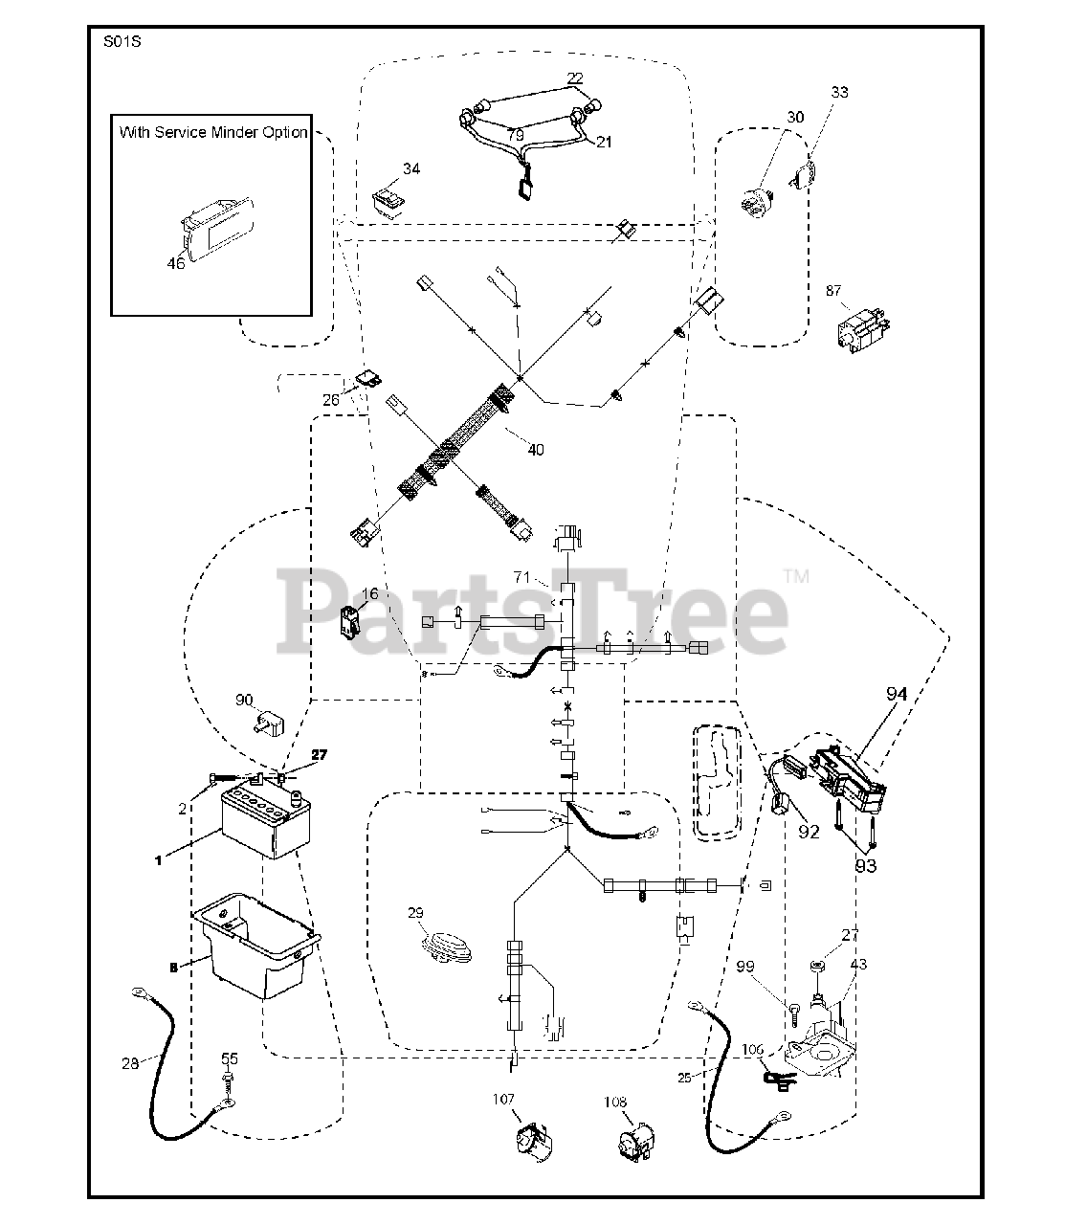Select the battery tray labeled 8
pyautogui.click(x=256, y=943)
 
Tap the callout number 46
pyautogui.click(x=176, y=264)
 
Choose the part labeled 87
pyautogui.click(x=863, y=332)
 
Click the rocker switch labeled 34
pyautogui.click(x=387, y=200)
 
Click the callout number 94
pyautogui.click(x=896, y=695)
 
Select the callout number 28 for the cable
pyautogui.click(x=130, y=1063)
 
